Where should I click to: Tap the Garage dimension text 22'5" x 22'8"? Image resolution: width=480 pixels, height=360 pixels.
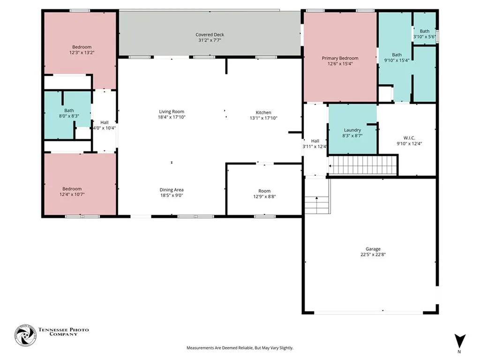coord(373,255)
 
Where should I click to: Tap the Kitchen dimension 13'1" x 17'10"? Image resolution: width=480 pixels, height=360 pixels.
coord(263,118)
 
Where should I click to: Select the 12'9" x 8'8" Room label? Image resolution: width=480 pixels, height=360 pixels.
coord(264,194)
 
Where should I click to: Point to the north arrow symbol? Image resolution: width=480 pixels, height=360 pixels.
coord(459,341)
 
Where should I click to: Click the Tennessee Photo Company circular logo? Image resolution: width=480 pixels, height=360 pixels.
coord(26,335)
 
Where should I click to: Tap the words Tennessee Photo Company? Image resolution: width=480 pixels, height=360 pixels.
coord(64,332)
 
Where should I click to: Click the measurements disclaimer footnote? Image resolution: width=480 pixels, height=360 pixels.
coord(240,348)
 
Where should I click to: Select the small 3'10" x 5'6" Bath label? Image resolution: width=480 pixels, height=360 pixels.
coord(424,34)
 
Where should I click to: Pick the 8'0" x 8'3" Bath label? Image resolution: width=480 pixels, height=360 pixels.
coord(69,113)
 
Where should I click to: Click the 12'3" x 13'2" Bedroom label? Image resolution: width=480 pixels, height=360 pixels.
coord(82,50)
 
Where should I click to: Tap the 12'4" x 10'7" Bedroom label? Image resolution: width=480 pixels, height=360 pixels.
coord(72,192)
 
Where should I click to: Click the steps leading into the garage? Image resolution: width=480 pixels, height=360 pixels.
coord(317,196)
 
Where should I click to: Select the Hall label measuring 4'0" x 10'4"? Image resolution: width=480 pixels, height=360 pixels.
coord(105,125)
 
